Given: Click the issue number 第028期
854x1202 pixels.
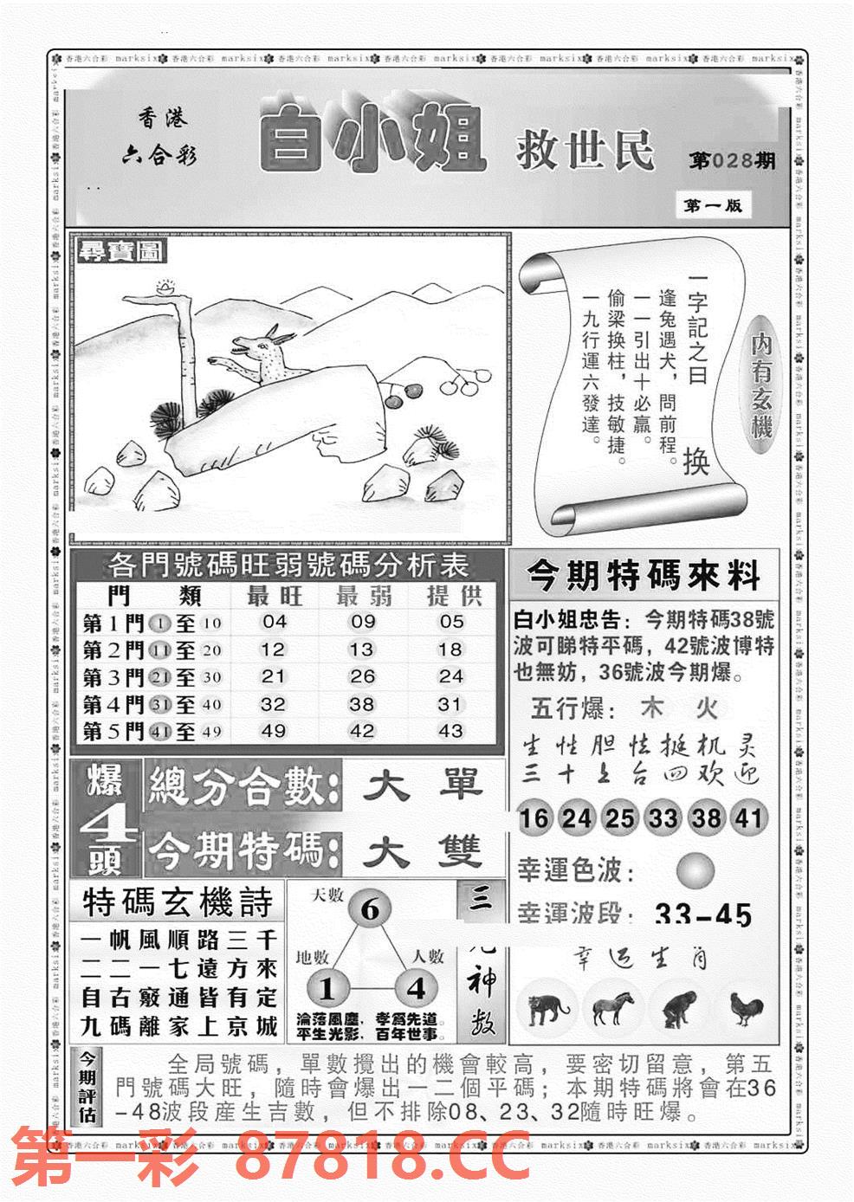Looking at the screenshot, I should (x=731, y=161).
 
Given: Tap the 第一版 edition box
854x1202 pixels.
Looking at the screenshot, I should (x=712, y=206).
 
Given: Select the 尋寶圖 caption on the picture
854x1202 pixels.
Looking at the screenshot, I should (x=120, y=252).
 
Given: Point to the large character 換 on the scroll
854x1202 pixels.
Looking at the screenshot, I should (x=695, y=461).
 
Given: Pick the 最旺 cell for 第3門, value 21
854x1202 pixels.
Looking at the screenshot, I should (x=273, y=676).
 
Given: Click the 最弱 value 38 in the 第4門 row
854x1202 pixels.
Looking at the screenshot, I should (x=361, y=704).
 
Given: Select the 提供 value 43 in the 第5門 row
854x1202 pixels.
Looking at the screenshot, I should (x=450, y=731).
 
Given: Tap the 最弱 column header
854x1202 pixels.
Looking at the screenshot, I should (x=363, y=596).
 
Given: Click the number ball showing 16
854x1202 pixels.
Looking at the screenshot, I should (x=534, y=817).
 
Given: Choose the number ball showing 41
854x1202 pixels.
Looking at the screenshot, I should (x=748, y=817).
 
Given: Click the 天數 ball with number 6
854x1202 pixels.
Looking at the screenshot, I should (x=370, y=910).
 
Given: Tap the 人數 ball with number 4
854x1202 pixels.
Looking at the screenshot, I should (x=416, y=988).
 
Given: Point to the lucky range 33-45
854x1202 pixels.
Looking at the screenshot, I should (x=703, y=914).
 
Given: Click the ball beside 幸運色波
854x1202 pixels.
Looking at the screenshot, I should (x=695, y=870).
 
